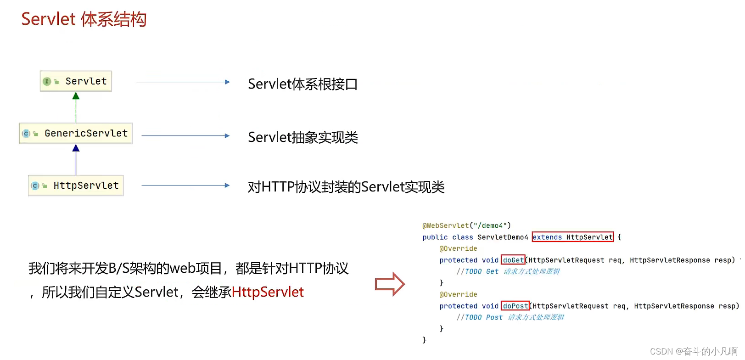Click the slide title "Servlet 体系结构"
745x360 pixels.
tap(84, 19)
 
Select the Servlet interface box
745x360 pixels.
tap(76, 81)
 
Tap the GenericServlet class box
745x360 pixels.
tap(76, 134)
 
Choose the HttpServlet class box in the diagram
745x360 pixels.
tap(76, 186)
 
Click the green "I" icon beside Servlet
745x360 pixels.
tap(46, 81)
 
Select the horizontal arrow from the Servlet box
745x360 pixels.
tap(183, 82)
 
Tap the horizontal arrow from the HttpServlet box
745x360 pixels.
tap(185, 186)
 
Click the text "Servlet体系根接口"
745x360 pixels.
tap(302, 84)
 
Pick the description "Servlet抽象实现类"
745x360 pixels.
tap(302, 137)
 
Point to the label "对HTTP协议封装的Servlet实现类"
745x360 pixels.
tap(346, 187)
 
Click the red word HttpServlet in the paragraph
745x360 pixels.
tap(268, 292)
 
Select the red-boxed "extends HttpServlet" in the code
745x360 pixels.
tap(572, 237)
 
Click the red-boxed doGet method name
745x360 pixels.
tap(513, 260)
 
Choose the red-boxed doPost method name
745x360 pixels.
tap(515, 306)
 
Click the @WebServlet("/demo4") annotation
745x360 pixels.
tap(466, 225)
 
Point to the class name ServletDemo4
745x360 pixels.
tap(503, 237)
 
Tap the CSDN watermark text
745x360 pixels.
tap(694, 351)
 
